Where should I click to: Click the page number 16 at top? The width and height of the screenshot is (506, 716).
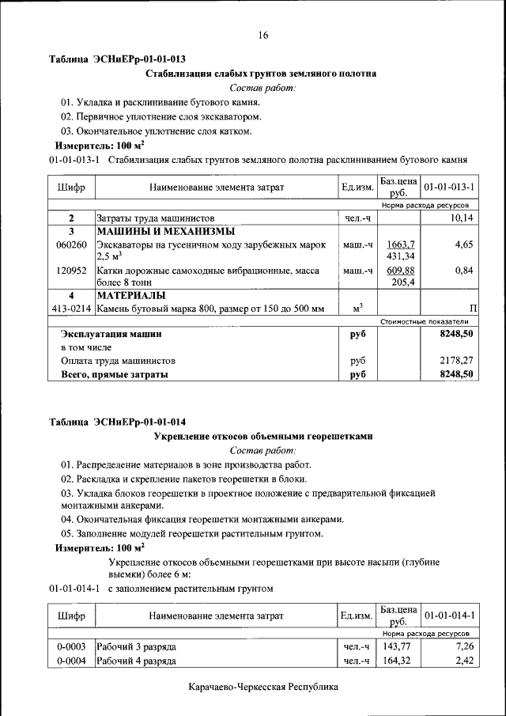263,35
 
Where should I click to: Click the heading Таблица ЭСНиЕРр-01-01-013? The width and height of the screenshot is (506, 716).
118,59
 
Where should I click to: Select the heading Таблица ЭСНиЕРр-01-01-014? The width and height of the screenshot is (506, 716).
118,421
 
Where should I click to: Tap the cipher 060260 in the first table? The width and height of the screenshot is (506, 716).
71,245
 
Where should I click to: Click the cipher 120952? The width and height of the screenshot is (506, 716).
71,271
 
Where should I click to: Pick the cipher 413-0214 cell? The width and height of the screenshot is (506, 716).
71,309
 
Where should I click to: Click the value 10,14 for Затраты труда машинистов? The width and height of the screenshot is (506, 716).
460,218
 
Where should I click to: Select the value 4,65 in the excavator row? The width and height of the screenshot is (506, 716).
463,245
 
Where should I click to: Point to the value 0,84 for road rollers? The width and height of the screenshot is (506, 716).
463,271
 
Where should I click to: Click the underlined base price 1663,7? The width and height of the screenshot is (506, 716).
401,244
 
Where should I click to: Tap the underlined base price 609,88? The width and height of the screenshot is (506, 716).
401,270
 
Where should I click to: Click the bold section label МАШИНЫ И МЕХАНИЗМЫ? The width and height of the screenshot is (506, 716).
165,232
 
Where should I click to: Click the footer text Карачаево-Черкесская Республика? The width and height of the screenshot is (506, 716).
263,687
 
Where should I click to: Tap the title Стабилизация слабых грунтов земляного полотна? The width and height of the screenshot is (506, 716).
262,74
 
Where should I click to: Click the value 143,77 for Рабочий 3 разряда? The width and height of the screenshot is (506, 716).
398,647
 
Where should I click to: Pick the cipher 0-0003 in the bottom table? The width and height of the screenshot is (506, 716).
71,647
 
